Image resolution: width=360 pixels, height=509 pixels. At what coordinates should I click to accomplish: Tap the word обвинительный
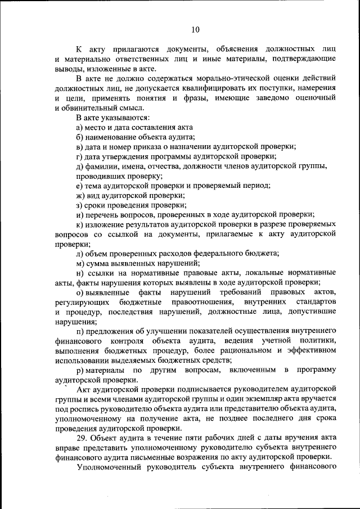[89, 108]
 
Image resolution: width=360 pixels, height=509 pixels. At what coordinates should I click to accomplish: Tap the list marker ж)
[81, 195]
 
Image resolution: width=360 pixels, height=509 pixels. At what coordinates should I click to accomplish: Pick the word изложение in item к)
[107, 224]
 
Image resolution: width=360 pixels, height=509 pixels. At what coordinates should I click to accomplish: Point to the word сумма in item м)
[97, 263]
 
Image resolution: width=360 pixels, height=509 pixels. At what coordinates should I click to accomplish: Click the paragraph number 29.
[82, 438]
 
